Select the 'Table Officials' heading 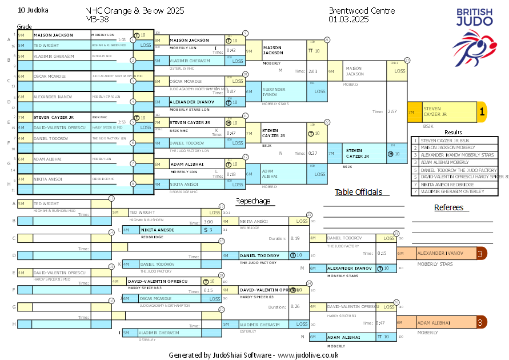[x=358, y=192]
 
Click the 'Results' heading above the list [x=453, y=132]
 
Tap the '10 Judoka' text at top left [x=33, y=10]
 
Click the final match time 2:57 [x=392, y=111]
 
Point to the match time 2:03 [x=312, y=71]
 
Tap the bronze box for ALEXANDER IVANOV [x=440, y=253]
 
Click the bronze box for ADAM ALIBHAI [x=440, y=323]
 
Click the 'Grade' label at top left [x=24, y=26]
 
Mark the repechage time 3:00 [x=209, y=221]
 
